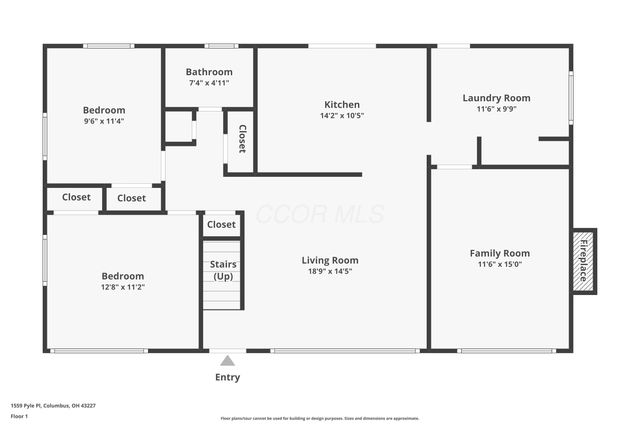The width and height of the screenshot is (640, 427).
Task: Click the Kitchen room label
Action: (342, 104)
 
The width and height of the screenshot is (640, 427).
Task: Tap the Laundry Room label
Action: (496, 98)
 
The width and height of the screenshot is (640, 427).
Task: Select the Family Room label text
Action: (500, 253)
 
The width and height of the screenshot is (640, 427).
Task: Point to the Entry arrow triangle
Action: (228, 361)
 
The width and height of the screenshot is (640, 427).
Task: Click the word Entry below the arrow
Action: (228, 378)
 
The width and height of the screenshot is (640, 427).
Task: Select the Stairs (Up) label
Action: (222, 269)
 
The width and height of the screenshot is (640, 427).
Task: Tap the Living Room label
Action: (330, 260)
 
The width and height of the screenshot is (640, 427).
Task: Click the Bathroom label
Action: (209, 72)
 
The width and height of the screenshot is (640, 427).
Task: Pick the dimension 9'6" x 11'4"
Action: (104, 121)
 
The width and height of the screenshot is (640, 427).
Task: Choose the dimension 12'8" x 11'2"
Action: (122, 287)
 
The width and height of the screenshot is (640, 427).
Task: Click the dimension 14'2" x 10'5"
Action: (342, 116)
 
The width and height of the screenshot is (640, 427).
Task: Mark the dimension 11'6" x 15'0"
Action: (500, 264)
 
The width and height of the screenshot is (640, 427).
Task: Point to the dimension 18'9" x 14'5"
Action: (330, 271)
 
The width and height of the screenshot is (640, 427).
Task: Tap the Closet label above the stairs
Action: (222, 225)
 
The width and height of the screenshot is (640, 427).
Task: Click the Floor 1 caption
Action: (19, 416)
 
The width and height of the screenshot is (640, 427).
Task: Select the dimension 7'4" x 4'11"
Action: (209, 83)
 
